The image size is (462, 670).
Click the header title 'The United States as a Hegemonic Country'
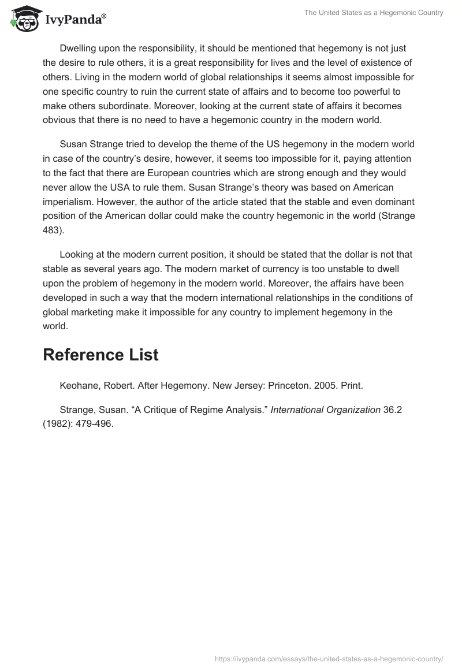(x=374, y=13)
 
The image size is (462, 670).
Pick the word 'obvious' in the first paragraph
(x=58, y=120)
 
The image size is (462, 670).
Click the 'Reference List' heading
(x=100, y=355)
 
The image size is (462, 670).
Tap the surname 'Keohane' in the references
(x=78, y=386)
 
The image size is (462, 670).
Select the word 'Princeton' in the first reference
(x=288, y=386)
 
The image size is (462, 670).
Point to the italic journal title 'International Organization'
(x=326, y=410)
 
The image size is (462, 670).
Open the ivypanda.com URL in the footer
(x=329, y=658)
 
